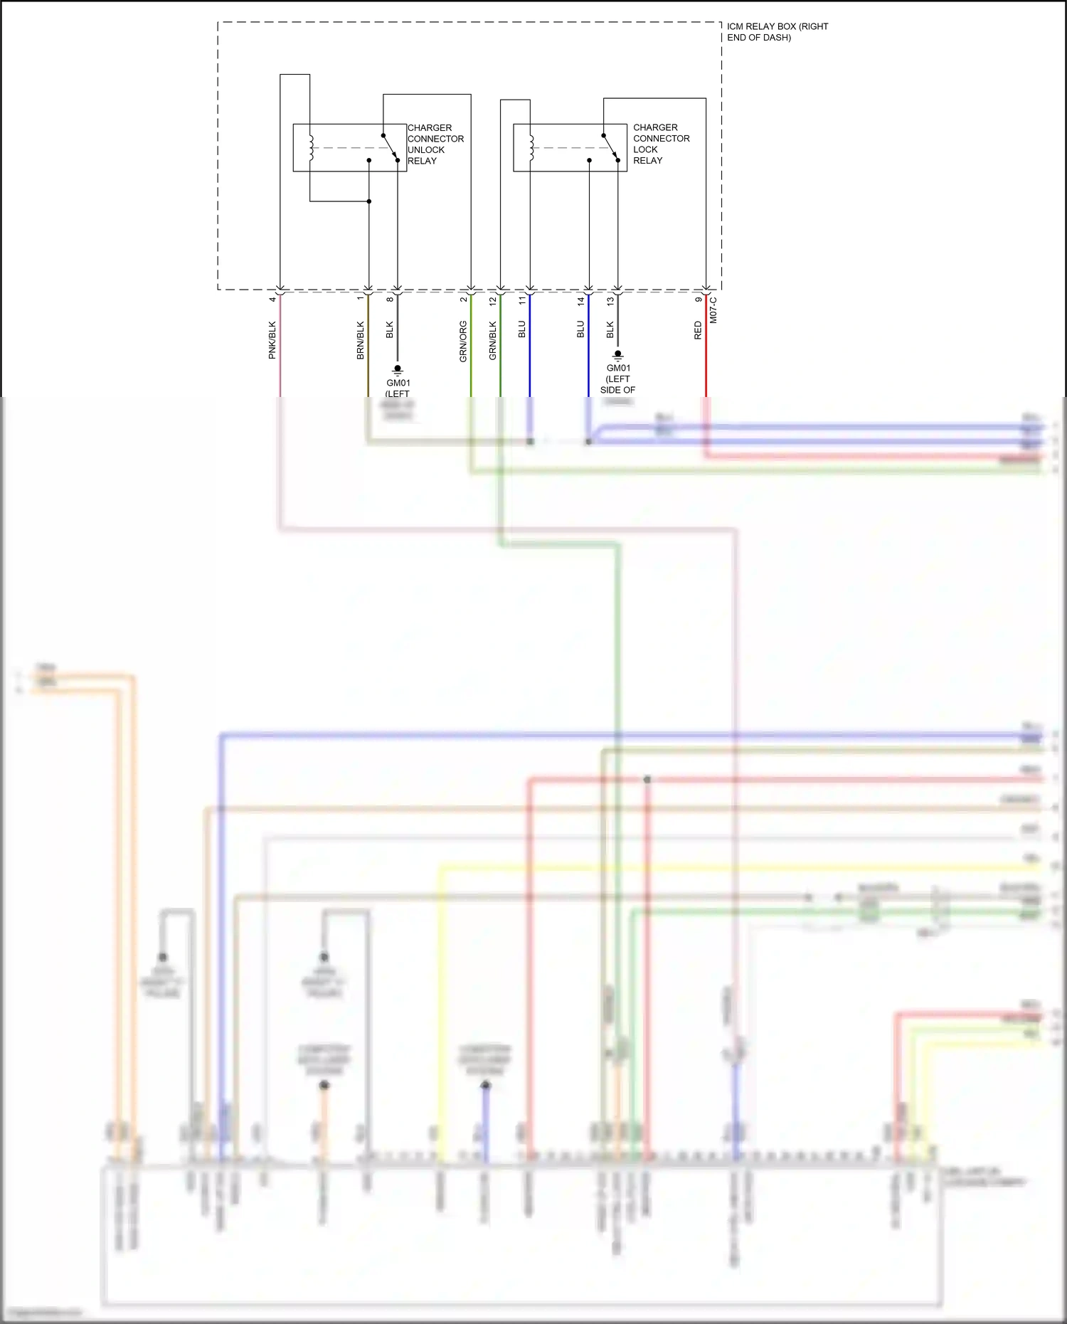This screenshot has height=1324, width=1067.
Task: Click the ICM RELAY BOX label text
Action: coord(777,31)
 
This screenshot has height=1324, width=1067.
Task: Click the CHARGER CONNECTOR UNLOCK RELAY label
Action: coord(435,144)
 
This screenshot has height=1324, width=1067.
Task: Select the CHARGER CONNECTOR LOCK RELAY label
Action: coord(661,144)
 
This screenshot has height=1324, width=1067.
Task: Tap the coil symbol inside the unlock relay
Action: coord(311,148)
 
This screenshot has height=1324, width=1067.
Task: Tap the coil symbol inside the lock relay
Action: coord(531,148)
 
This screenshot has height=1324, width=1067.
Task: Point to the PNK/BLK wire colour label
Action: coord(272,340)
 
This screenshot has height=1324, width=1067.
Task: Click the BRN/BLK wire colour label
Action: coord(360,340)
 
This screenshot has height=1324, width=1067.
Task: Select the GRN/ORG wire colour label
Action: coord(463,341)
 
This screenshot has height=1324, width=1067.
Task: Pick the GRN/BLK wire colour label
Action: coord(492,340)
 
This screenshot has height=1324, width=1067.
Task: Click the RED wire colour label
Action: coord(697,330)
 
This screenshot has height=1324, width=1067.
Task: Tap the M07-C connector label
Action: coord(713,310)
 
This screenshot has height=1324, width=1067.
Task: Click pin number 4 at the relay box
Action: coord(272,300)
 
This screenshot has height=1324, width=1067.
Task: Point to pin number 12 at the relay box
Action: coord(492,301)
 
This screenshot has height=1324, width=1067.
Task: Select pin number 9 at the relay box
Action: coord(698,300)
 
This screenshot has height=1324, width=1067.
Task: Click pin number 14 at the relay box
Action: coord(580,301)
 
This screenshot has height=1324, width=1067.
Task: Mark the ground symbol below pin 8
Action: coord(398,370)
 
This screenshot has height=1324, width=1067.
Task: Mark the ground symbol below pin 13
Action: coord(617,355)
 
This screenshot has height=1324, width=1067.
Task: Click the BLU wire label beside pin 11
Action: coord(521,329)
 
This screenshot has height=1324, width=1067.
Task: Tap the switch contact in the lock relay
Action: coord(610,147)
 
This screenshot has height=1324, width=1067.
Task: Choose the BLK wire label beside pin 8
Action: coord(389,330)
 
